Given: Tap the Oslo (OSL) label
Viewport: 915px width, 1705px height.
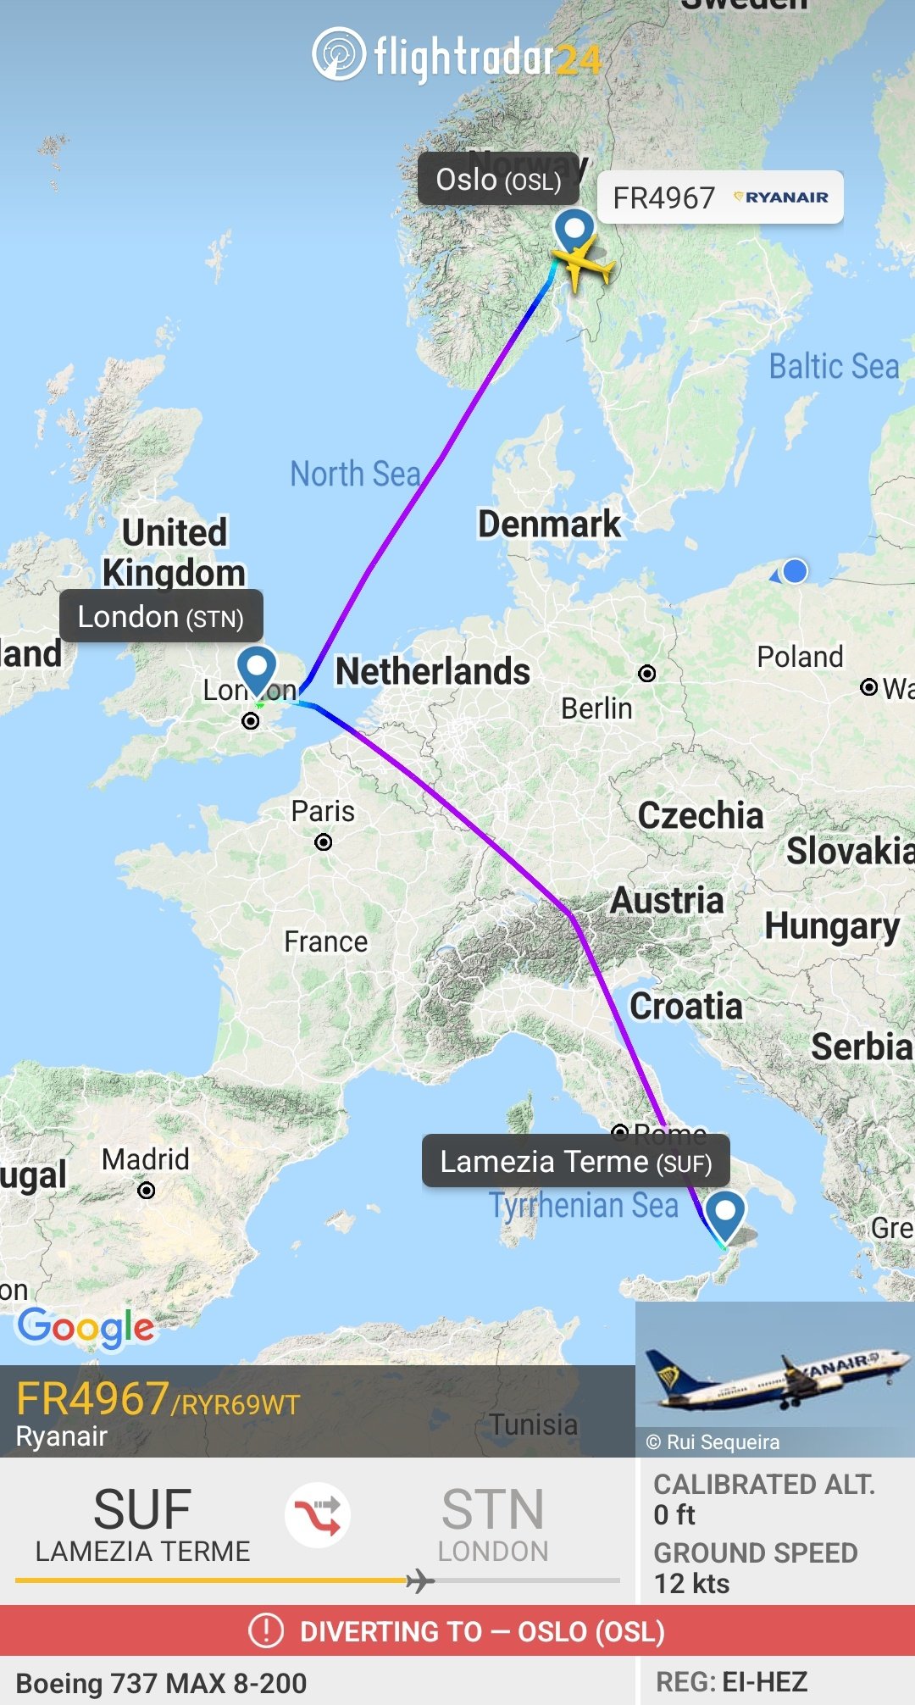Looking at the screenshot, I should click(x=498, y=180).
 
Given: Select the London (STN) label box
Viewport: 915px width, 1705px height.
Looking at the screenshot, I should click(x=161, y=617).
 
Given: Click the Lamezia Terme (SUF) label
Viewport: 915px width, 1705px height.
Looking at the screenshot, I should click(x=575, y=1162).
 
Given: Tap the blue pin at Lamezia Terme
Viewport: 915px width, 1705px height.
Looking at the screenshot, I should click(x=725, y=1213).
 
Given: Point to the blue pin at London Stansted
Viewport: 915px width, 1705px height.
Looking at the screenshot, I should click(x=256, y=668).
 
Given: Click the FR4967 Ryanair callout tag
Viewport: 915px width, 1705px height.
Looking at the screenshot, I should click(x=720, y=197).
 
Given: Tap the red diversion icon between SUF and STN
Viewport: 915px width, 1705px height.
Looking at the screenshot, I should click(x=318, y=1514).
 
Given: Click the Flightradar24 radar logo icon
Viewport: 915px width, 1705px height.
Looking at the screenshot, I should click(x=339, y=54).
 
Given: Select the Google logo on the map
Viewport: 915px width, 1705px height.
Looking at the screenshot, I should click(x=86, y=1326).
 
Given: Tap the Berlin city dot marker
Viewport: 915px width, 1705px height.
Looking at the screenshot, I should click(x=647, y=674).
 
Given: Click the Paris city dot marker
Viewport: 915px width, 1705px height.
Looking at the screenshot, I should click(x=323, y=842).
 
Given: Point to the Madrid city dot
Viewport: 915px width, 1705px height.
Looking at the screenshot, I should click(x=147, y=1191).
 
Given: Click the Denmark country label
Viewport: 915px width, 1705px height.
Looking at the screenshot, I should click(x=549, y=524).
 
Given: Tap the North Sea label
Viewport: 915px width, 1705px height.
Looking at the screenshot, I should click(x=355, y=474).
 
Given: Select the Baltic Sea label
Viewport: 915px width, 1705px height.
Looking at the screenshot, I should click(x=834, y=366).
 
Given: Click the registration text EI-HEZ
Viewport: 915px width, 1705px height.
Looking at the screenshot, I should click(x=764, y=1681).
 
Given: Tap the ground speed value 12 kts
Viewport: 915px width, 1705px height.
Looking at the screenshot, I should click(x=691, y=1583).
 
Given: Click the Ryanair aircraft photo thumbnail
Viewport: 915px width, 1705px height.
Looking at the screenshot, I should click(x=774, y=1378).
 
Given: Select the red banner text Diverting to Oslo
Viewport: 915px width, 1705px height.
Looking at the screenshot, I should click(x=481, y=1631).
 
